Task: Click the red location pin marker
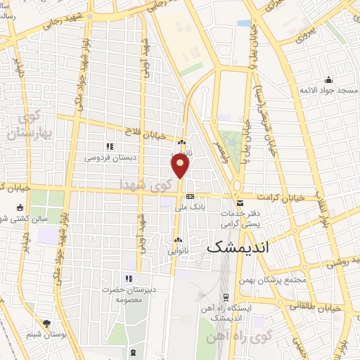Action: (181, 165)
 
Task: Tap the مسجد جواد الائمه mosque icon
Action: (328, 79)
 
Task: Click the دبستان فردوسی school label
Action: (110, 158)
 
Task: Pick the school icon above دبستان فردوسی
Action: (110, 147)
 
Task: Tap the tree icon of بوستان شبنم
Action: (46, 324)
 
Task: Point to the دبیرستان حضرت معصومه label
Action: (128, 295)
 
